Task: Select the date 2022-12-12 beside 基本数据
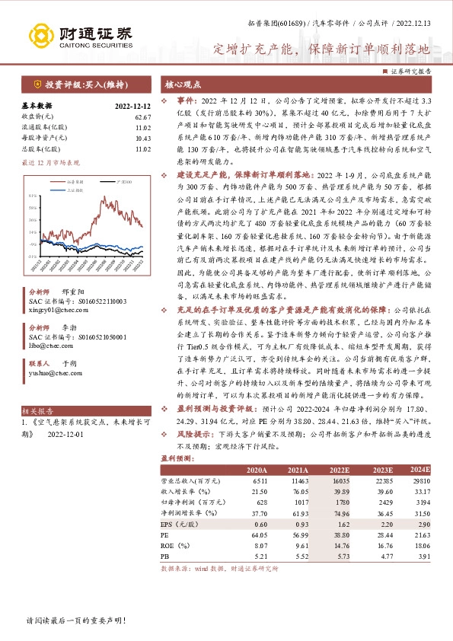tap(133, 107)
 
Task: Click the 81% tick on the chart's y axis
tap(32, 184)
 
